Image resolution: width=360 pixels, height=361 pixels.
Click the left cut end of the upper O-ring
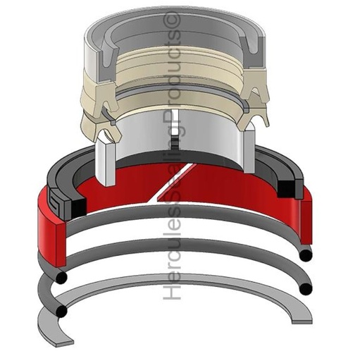point(61,278)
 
